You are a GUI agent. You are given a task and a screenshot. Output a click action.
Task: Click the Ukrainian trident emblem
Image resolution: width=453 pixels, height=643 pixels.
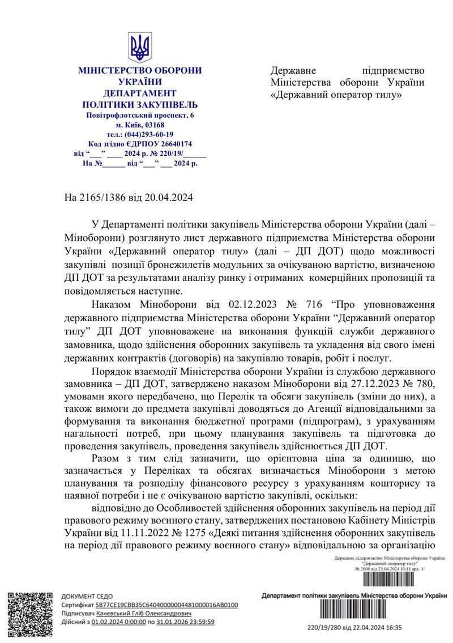click(139, 46)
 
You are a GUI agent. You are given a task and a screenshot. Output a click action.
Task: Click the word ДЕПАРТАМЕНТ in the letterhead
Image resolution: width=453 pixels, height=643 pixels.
click(140, 93)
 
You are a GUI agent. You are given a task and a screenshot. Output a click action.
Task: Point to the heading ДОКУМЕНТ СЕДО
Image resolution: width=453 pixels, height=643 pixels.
click(87, 596)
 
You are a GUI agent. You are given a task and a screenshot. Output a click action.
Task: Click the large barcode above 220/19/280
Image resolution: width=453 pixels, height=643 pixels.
click(353, 612)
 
